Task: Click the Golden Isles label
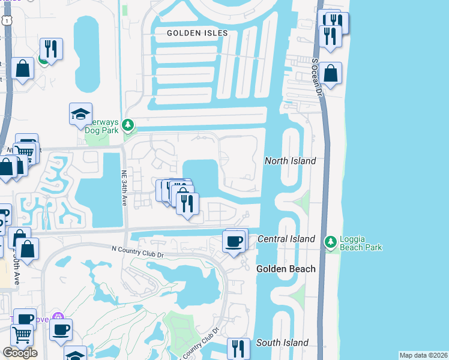[197, 32]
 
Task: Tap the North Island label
[291, 161]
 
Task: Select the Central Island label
[286, 239]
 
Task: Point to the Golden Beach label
[286, 269]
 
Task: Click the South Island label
[282, 343]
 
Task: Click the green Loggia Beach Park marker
[330, 242]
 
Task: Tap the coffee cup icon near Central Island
[234, 241]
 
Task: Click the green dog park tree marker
[127, 125]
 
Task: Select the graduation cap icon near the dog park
[80, 115]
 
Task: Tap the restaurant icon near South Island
[238, 349]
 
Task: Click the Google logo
[20, 353]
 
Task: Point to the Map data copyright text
[423, 355]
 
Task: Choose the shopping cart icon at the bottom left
[22, 335]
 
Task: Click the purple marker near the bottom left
[58, 317]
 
